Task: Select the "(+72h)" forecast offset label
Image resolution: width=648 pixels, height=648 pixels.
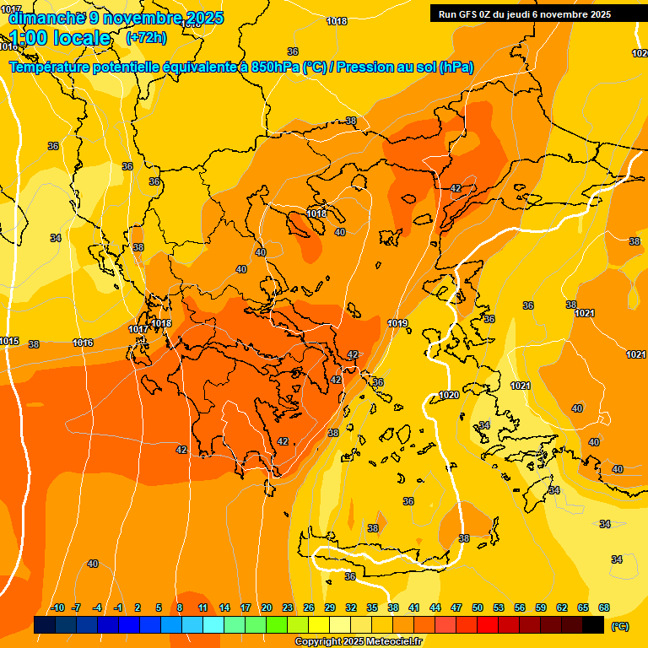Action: coord(146,38)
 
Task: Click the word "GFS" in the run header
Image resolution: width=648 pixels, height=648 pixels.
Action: coord(469,14)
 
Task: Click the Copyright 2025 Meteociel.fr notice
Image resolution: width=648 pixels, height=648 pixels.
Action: coord(358,642)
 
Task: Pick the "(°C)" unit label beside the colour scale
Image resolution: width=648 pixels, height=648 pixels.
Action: coord(620,625)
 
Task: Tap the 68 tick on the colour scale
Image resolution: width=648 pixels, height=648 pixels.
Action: coord(604,607)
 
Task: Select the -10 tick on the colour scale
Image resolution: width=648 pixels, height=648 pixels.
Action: coord(57,607)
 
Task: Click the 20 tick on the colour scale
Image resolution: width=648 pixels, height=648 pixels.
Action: coord(267,607)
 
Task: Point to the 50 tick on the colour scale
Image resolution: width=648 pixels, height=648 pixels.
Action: coord(478,607)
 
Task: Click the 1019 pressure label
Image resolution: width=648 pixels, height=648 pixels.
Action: coord(398,323)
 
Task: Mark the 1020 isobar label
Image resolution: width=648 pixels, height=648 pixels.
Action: coord(449,395)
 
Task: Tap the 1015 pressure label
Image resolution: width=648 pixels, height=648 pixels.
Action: coord(9,341)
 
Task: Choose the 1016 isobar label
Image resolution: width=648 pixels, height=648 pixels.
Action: coord(83,343)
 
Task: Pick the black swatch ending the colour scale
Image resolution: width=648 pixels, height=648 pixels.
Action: coord(593,624)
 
